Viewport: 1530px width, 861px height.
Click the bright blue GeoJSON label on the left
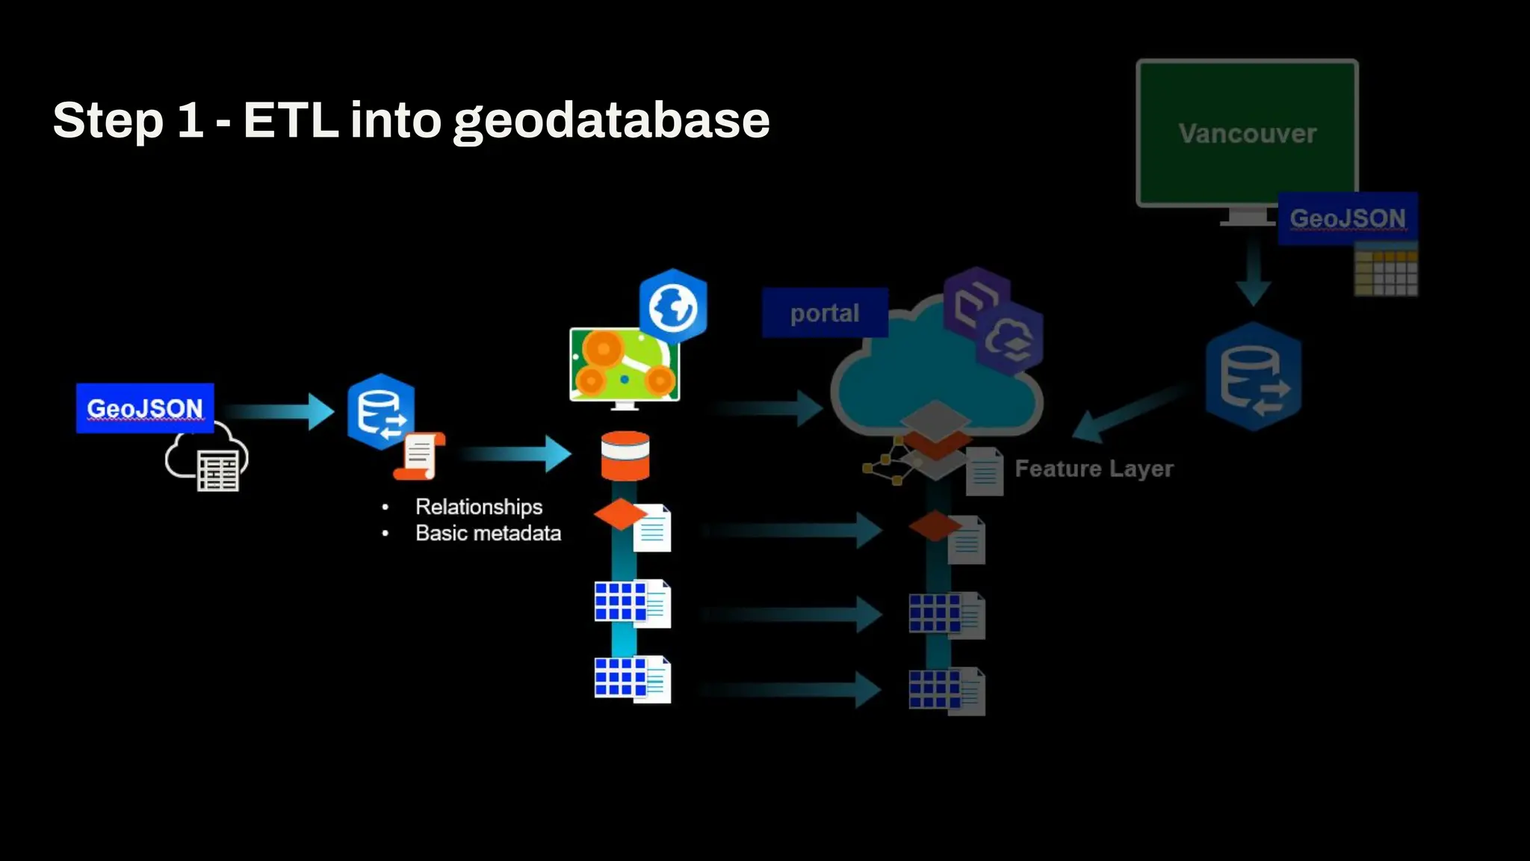145,408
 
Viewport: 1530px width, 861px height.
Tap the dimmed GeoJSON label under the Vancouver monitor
1347,218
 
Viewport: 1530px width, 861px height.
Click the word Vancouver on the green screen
1247,134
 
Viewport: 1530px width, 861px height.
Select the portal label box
825,312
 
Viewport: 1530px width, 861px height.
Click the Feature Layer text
1094,469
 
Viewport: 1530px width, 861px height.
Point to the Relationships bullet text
479,507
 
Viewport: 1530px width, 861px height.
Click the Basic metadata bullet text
488,533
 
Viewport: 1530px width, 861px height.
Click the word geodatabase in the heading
611,121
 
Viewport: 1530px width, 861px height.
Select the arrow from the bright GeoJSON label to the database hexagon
278,411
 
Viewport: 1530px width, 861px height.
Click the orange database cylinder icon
625,455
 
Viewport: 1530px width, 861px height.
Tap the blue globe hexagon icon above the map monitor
673,306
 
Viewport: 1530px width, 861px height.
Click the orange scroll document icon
419,455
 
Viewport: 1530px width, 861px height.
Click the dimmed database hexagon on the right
1254,377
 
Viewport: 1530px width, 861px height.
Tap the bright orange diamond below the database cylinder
620,514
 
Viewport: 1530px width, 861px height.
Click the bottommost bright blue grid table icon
620,677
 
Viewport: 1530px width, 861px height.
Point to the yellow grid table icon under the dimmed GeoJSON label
1386,273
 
